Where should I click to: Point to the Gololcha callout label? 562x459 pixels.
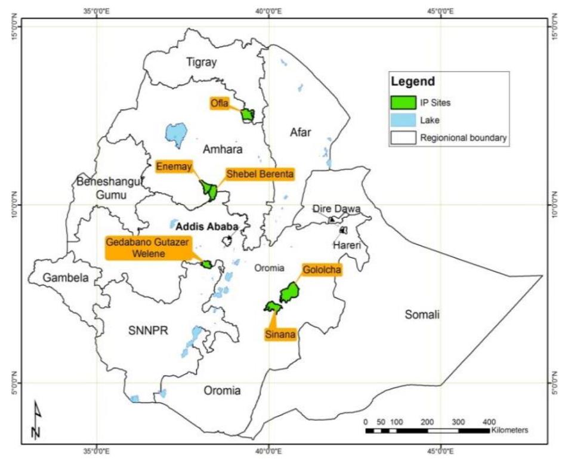322,270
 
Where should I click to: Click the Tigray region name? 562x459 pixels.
201,62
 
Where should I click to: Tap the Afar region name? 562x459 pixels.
301,133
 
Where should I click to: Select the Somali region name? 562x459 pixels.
422,315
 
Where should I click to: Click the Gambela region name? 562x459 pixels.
66,278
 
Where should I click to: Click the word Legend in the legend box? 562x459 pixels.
412,82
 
